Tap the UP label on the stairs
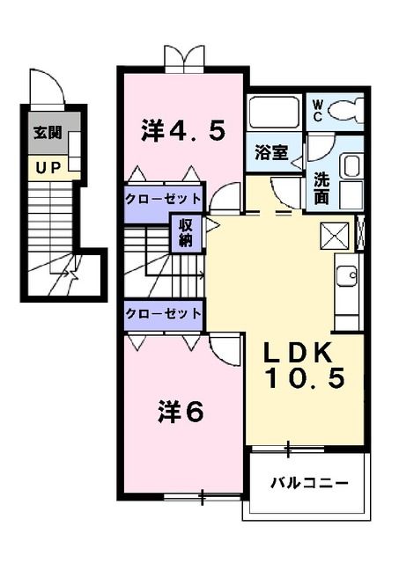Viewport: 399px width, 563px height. pos(48,166)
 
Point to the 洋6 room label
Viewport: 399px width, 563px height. pos(181,411)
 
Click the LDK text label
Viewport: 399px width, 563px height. pos(299,354)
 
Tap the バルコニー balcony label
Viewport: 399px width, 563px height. pos(308,483)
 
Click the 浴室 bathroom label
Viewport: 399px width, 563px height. pos(271,150)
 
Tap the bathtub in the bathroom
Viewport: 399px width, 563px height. pos(274,113)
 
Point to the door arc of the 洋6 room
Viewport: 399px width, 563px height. pos(226,352)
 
